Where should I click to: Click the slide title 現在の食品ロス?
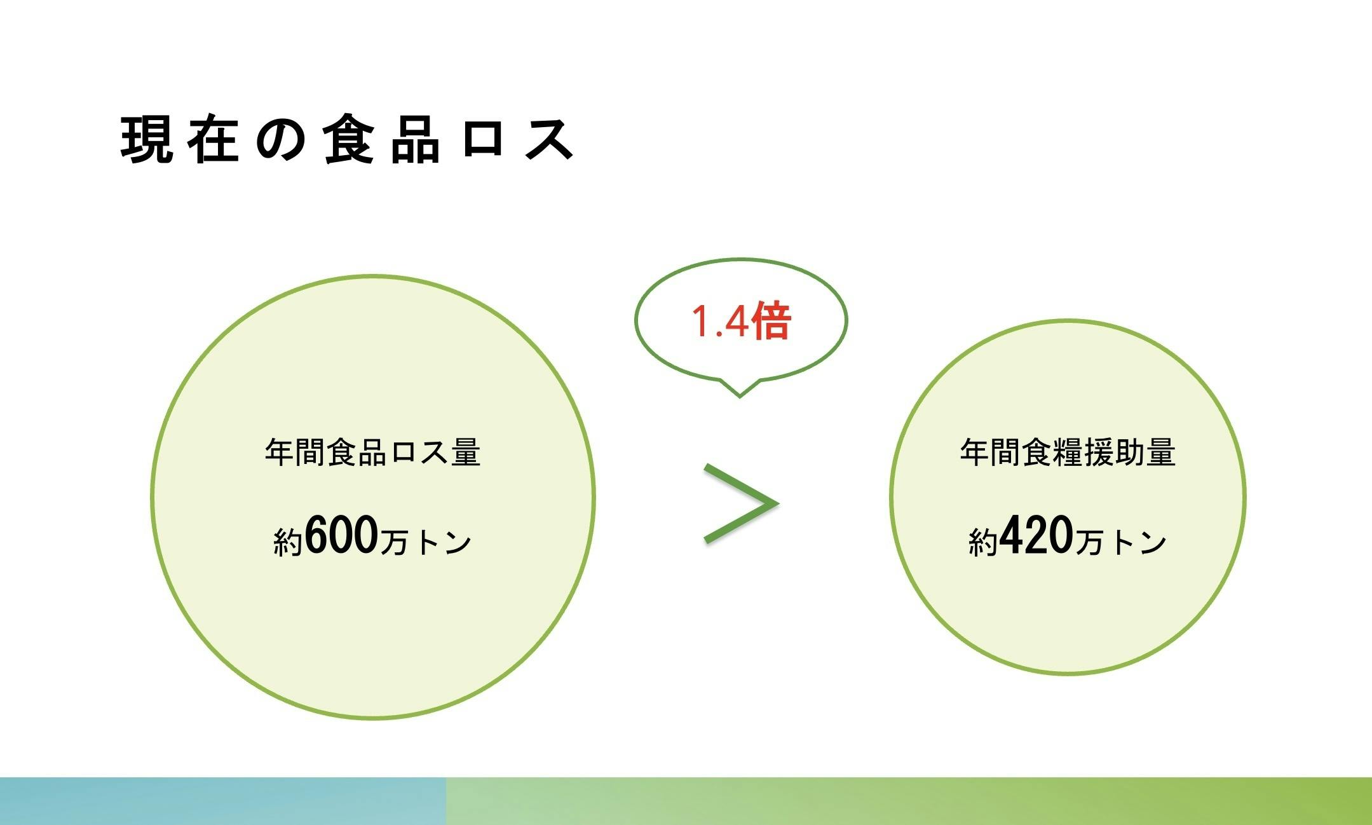(x=348, y=139)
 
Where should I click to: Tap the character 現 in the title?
(x=146, y=139)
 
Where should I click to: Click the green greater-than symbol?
(x=741, y=503)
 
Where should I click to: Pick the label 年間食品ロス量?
(x=372, y=453)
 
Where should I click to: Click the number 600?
(x=342, y=535)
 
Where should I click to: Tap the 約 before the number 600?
(x=289, y=542)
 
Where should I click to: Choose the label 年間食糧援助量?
(x=1068, y=453)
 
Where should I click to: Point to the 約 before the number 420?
(x=984, y=542)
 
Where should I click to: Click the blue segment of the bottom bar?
(x=223, y=801)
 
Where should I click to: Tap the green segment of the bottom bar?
(x=909, y=801)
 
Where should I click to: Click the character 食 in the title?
(x=348, y=139)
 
